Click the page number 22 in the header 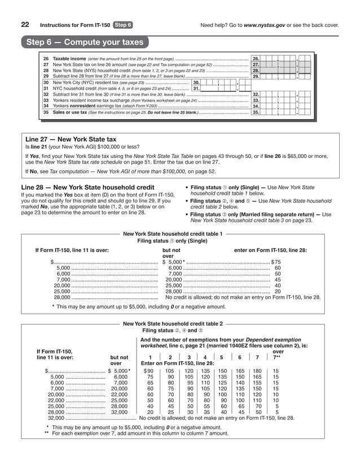25,25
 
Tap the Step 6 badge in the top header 122,25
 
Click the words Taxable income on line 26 69,59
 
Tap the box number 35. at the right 256,112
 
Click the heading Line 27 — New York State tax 71,139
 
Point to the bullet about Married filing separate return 260,218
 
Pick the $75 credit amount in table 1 276,262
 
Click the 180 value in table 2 257,371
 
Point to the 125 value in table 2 222,382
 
